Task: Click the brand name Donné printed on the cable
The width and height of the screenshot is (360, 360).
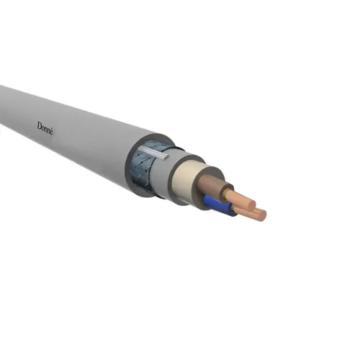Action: pyautogui.click(x=45, y=129)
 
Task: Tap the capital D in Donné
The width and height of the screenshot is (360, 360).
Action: pyautogui.click(x=39, y=126)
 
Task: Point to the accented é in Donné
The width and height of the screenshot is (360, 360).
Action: pyautogui.click(x=51, y=132)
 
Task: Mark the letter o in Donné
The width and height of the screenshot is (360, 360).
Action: pyautogui.click(x=42, y=127)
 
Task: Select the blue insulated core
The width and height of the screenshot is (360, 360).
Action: pyautogui.click(x=218, y=204)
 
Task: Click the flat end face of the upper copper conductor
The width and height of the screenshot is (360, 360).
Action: pyautogui.click(x=251, y=204)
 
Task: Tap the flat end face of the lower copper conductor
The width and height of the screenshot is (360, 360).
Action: pyautogui.click(x=261, y=215)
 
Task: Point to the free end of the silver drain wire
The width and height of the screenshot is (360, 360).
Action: pyautogui.click(x=168, y=158)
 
